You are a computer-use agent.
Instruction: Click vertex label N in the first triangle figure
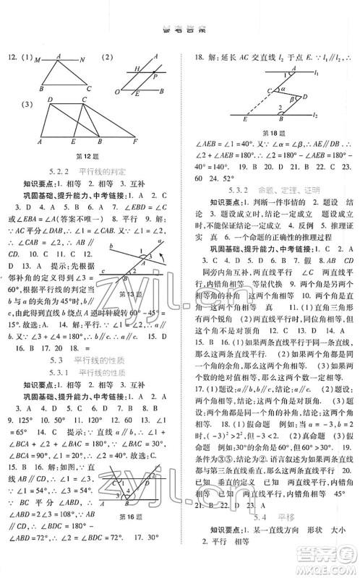tap(82, 59)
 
